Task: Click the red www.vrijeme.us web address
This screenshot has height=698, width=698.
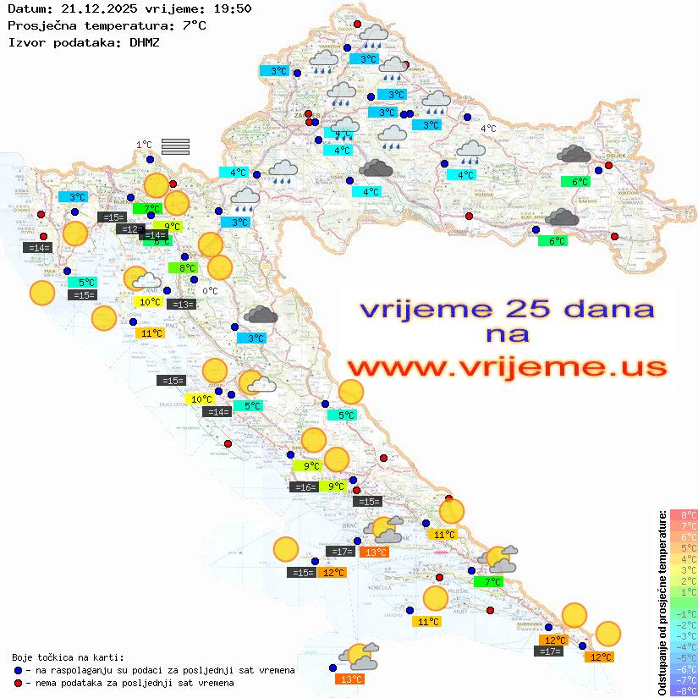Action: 506,368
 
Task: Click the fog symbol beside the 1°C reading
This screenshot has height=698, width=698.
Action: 175,147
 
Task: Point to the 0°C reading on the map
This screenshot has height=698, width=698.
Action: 210,291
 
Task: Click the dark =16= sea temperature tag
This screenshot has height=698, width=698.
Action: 304,486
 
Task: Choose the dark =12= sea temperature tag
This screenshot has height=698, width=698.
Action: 130,229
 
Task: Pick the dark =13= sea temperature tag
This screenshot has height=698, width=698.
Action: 182,305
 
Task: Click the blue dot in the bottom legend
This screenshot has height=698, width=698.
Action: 19,670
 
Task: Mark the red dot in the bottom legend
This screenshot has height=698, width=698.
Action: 19,683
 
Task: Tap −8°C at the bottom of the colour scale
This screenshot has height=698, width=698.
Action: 684,691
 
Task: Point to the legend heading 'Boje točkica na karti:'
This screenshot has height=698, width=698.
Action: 68,657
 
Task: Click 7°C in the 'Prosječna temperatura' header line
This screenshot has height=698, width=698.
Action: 194,25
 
